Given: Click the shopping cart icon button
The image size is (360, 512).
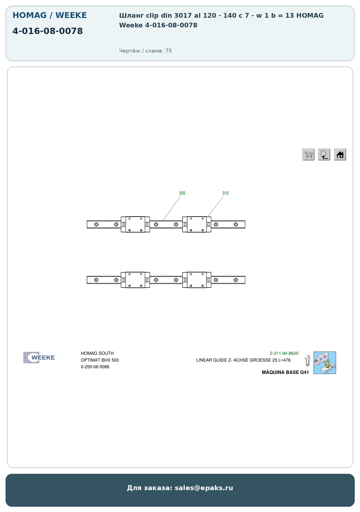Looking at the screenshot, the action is click(308, 154).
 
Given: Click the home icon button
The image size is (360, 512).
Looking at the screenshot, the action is click(340, 154).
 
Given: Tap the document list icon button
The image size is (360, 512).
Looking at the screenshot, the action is click(324, 154).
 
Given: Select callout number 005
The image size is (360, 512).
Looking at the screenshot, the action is click(182, 193).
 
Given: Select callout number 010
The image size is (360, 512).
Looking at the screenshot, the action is click(226, 193).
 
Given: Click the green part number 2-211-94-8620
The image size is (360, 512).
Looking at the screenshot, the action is click(284, 353).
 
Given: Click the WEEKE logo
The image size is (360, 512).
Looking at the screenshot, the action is click(39, 358).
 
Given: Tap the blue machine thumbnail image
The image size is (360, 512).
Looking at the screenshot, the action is click(325, 363).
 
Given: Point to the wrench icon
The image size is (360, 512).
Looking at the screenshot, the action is click(307, 361).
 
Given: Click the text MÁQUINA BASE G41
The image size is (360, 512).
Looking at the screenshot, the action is click(285, 372).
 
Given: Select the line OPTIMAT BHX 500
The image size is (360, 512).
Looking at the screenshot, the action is click(100, 360).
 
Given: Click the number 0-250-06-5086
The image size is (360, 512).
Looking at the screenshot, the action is click(95, 367).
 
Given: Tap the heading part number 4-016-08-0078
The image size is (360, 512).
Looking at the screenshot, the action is click(48, 31).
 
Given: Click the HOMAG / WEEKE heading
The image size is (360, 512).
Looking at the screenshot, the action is click(50, 15).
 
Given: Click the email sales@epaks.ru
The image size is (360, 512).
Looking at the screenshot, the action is click(204, 488).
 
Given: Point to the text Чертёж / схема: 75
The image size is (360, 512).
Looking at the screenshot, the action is click(145, 51).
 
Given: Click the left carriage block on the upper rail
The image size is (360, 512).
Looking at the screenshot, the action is click(135, 224).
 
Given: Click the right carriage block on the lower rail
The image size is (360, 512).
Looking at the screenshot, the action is click(197, 280).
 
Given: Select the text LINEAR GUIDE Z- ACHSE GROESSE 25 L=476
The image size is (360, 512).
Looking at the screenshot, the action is click(243, 360).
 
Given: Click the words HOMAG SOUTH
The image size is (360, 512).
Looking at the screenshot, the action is click(97, 353).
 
